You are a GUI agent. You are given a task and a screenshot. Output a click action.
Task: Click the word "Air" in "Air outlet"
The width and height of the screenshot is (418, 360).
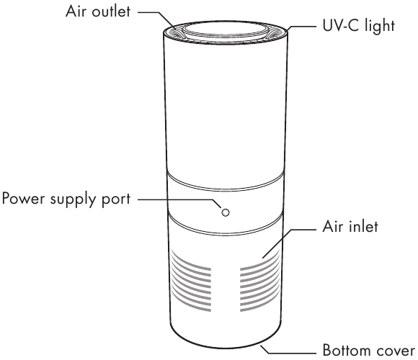[x=76, y=12]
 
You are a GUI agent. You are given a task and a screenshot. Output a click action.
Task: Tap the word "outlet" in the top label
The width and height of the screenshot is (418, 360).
[x=111, y=12]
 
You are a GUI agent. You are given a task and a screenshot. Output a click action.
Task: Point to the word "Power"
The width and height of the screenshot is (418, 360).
[x=24, y=199]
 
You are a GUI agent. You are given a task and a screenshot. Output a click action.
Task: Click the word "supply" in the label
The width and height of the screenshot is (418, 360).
[x=73, y=199]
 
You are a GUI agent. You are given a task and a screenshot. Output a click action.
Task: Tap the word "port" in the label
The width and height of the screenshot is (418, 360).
[x=116, y=200]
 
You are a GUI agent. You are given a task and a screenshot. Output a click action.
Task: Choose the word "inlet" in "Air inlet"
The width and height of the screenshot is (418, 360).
[x=363, y=227]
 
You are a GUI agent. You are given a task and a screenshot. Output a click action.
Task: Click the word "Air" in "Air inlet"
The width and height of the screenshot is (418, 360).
[x=333, y=227]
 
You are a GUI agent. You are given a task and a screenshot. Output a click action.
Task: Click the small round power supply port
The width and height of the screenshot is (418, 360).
[x=226, y=212]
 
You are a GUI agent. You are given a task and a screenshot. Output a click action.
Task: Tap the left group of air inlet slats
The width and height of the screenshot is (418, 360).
[x=191, y=281]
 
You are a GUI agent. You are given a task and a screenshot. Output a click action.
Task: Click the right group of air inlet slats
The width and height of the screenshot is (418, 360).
[x=259, y=281]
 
